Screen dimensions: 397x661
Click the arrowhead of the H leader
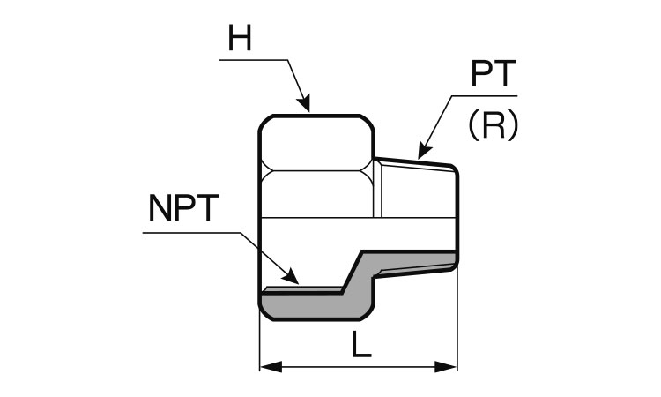click(x=306, y=105)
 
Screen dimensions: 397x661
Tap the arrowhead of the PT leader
click(x=423, y=152)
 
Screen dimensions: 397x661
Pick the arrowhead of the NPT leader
click(x=293, y=278)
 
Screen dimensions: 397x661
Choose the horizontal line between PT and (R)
click(x=485, y=94)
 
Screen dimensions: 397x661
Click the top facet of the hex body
click(x=319, y=141)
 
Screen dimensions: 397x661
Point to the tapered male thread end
click(x=419, y=190)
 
